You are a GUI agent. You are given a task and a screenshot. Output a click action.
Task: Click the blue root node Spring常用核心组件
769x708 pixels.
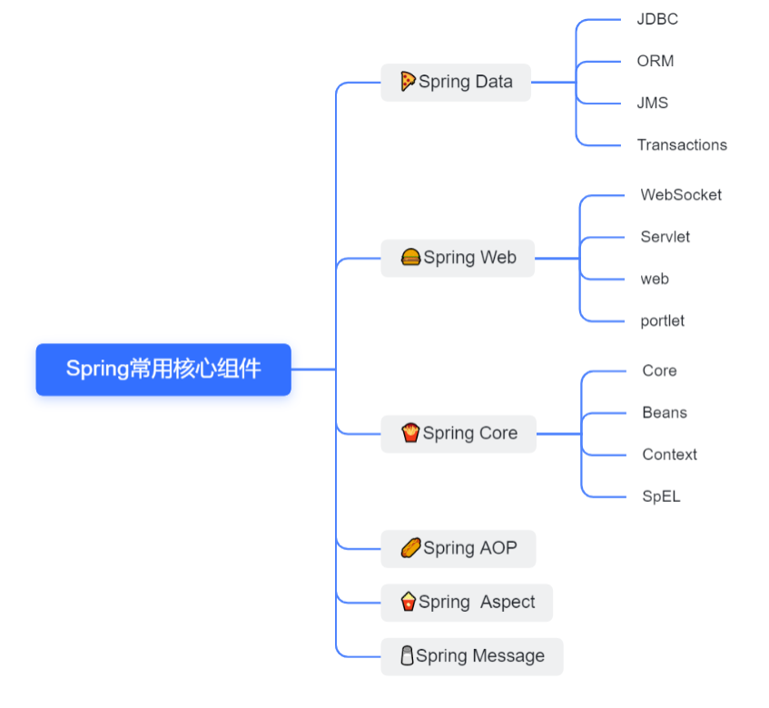163,369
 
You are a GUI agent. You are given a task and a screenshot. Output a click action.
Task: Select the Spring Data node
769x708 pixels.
456,82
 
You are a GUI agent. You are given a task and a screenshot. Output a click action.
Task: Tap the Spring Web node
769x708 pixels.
458,258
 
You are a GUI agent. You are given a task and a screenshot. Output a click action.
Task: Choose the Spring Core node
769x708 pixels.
458,434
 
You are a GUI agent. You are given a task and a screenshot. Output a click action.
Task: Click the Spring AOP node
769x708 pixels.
458,548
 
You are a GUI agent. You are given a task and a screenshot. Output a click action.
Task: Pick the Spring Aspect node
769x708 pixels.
467,602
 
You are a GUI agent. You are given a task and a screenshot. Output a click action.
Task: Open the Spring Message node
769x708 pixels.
472,656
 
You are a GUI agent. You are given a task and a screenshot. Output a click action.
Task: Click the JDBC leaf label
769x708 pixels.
657,19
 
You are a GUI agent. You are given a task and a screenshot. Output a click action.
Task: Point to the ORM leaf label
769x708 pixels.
656,61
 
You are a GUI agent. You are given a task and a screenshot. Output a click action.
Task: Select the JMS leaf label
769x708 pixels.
652,103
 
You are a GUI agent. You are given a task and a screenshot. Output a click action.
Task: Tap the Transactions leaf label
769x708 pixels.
682,144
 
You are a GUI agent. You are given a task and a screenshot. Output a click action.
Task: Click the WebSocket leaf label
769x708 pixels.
681,194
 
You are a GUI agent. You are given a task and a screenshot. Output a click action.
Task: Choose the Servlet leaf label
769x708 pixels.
665,237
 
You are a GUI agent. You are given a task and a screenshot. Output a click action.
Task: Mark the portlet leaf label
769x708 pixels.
663,320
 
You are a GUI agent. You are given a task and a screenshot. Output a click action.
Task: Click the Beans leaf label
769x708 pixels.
665,413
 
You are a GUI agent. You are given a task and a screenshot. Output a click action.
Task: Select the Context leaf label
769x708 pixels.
670,455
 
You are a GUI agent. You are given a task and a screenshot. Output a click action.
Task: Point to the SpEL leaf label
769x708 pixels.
661,497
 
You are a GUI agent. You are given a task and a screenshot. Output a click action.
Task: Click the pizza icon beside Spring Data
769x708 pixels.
409,81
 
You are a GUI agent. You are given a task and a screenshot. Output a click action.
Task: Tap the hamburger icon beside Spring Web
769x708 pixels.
411,258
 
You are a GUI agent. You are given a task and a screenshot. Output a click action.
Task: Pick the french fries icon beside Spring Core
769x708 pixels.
410,433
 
